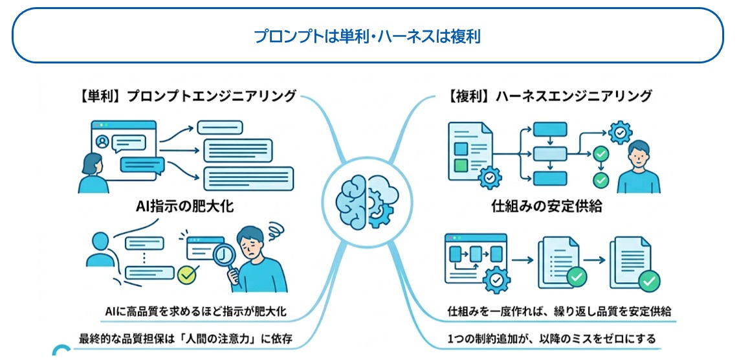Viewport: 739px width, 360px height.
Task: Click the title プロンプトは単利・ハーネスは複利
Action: point(367,36)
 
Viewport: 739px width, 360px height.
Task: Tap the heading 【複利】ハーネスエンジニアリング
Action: point(549,96)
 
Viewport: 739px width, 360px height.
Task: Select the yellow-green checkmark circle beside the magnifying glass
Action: point(187,275)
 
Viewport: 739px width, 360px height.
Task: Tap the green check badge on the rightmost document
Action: point(649,281)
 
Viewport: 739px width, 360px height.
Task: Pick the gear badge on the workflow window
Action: point(496,280)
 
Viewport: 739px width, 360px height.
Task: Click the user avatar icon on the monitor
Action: point(102,141)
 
